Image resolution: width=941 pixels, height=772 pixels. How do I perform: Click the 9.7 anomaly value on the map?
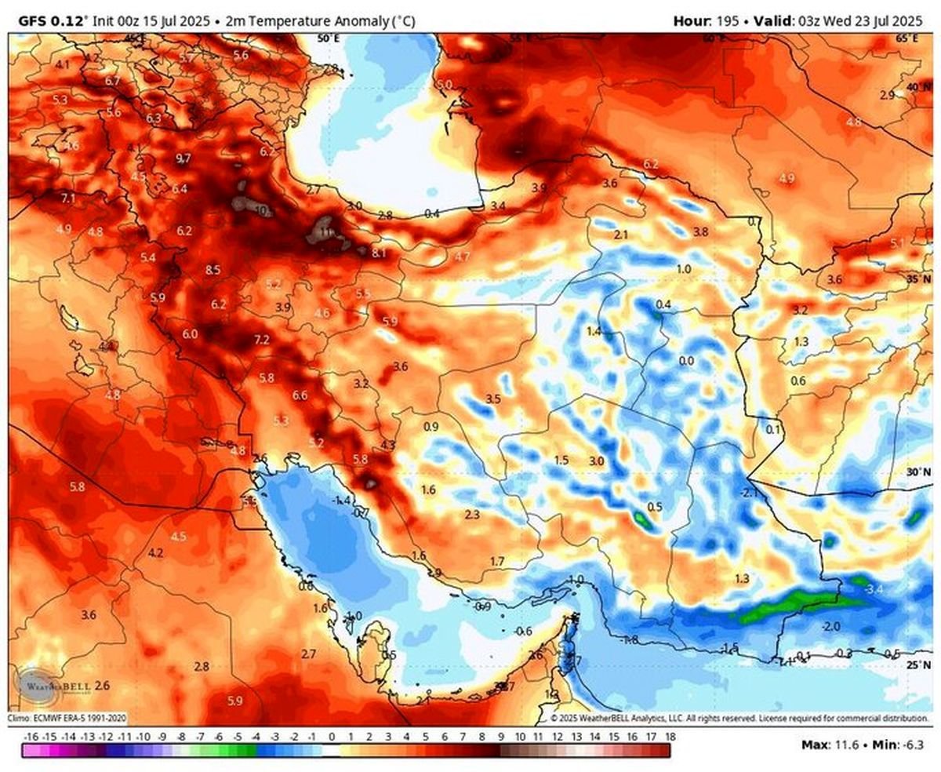coord(183,158)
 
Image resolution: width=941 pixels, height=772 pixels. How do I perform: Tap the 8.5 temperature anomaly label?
coord(213,270)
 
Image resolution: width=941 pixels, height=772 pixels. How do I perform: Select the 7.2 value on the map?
coord(262,340)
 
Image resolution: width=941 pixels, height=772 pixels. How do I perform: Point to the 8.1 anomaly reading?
coord(380,253)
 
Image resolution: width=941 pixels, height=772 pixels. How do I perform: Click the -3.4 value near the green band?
coord(873,588)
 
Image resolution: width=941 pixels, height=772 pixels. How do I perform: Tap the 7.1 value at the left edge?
coord(68,198)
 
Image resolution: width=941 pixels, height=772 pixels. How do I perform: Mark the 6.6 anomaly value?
coord(300,395)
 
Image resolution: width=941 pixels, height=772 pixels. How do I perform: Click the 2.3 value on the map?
coord(472,515)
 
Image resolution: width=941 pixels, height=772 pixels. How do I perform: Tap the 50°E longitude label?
coord(328,38)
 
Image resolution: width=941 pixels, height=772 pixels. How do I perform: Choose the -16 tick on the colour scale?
coord(32,737)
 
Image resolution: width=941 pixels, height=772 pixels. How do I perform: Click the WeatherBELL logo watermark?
coord(55,684)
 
